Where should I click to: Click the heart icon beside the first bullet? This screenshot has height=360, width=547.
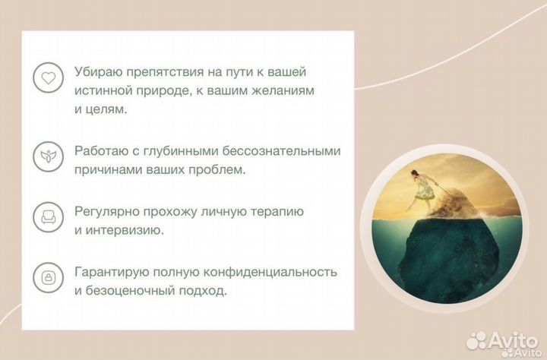(48, 77)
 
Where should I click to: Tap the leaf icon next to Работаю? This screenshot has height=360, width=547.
(48, 157)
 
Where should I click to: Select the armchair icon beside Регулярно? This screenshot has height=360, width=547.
(48, 218)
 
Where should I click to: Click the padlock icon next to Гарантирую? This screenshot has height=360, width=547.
(48, 278)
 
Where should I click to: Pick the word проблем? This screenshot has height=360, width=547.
(220, 170)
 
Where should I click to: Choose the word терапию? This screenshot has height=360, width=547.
(280, 211)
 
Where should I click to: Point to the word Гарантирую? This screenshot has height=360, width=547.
(109, 271)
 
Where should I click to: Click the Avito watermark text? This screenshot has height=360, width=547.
(517, 340)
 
